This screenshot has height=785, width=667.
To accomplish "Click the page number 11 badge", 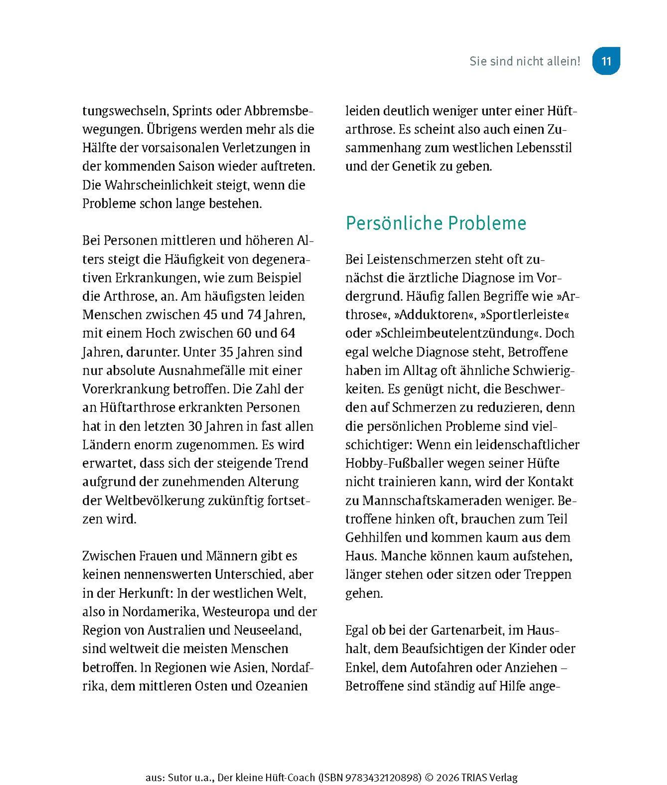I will [606, 61].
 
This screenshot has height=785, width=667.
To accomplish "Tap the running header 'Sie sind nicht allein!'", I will [524, 61].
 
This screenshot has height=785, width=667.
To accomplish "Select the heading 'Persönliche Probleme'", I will [435, 223].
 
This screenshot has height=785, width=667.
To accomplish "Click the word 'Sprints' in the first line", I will [192, 111].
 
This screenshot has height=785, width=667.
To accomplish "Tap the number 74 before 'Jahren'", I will [255, 315].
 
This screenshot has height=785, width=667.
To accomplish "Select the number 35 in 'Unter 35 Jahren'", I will [226, 352].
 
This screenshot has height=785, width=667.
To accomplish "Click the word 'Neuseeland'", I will [267, 630].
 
